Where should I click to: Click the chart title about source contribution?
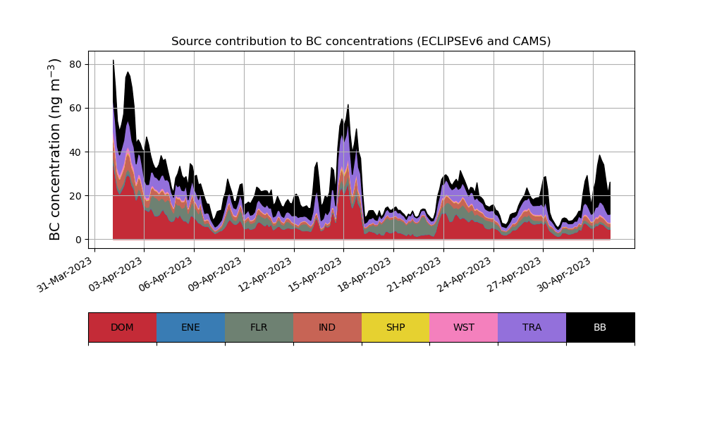coord(361,42)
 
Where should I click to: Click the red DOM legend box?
coord(122,327)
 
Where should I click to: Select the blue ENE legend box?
coord(190,327)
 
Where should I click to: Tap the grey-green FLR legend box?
coord(259,327)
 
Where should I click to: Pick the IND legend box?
coord(327,327)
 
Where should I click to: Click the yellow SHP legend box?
coord(396,327)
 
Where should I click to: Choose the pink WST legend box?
coord(464,327)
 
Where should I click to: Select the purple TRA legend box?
coord(532,327)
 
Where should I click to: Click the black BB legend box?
coord(600,327)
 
